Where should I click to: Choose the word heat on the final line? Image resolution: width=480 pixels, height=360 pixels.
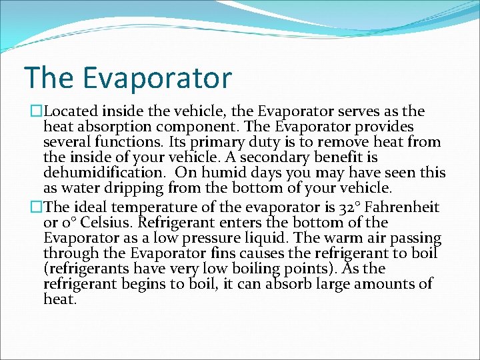click(x=59, y=299)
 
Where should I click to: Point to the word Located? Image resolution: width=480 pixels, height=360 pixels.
click(x=71, y=111)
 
